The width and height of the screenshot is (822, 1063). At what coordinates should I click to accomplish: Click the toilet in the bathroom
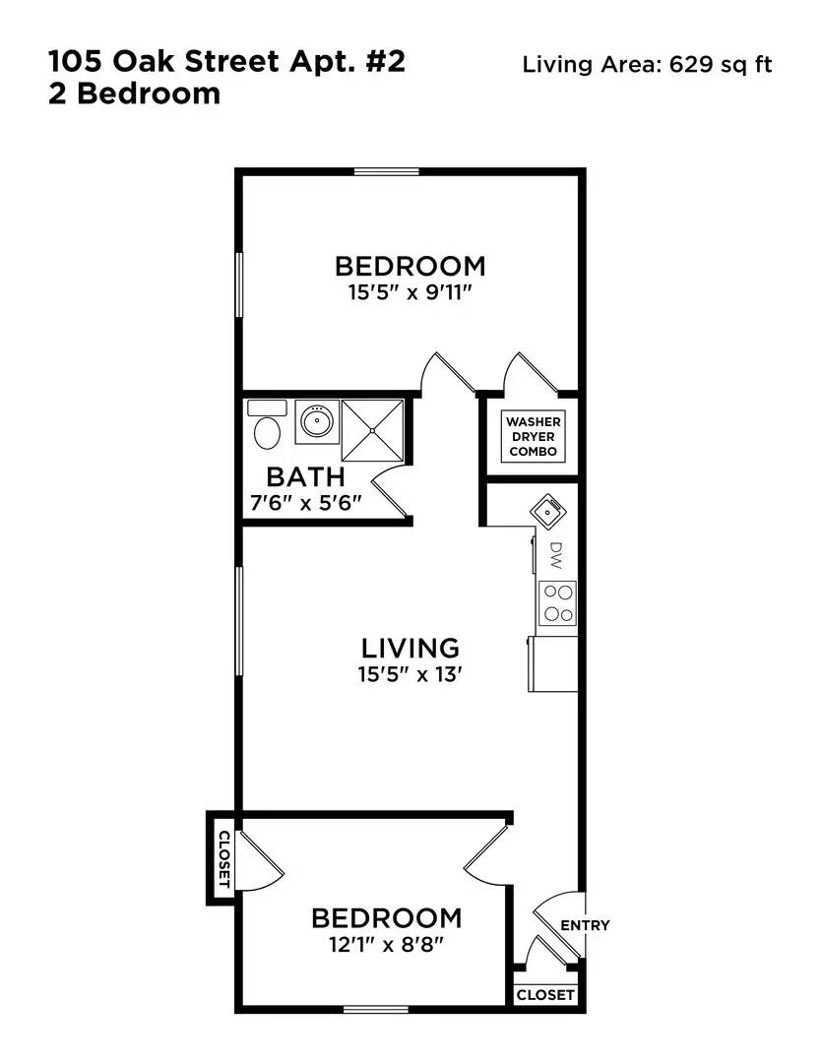pos(267,423)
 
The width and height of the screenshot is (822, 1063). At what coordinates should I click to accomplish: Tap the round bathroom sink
pos(317,422)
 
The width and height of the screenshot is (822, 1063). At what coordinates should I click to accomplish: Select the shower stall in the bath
pos(373,431)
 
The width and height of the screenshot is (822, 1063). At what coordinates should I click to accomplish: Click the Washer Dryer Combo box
pos(534,437)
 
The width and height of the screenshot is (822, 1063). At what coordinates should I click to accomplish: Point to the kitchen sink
pos(548,510)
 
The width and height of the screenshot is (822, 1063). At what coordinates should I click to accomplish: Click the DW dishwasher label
pos(556,555)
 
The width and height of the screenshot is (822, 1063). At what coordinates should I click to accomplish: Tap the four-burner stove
pos(557,603)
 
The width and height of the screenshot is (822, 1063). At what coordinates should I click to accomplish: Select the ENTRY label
pos(585,925)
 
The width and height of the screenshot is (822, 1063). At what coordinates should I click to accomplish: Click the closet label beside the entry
pos(545,994)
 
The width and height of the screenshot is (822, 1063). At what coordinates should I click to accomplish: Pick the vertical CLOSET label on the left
pos(224,859)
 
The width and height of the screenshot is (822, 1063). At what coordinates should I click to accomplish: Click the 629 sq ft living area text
pos(721,64)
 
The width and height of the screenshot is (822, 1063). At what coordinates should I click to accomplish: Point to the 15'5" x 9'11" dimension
pos(410,293)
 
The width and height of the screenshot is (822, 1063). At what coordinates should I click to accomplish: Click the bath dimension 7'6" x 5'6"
pos(306,503)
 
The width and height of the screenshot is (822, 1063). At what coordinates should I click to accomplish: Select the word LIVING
pos(411,648)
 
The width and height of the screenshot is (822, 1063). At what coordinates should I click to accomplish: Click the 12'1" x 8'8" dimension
pos(386,944)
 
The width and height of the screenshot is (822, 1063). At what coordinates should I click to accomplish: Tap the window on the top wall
pos(387,171)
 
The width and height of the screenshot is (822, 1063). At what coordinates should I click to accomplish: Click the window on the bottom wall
pos(376,1010)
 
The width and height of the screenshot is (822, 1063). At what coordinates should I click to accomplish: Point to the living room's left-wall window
pos(239,620)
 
